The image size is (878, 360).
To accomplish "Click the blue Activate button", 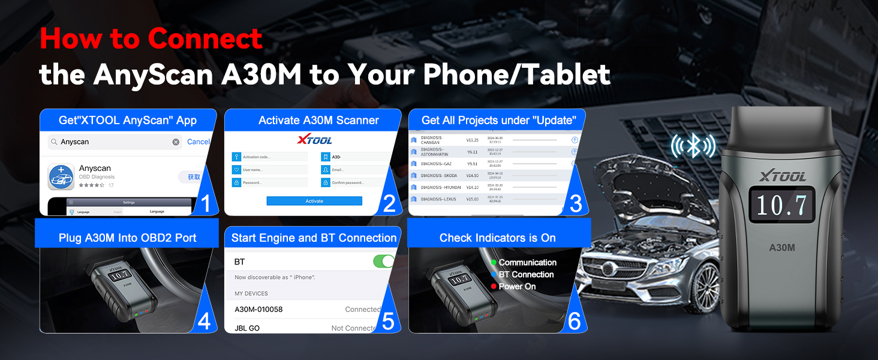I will point(314,201).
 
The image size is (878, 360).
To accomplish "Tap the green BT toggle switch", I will point(384,262).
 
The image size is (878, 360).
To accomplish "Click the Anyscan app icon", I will point(61,177).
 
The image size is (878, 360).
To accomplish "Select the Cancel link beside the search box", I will point(199,142).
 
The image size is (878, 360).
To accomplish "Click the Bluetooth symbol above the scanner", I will point(693,146).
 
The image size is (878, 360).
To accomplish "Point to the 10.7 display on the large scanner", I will point(781,206).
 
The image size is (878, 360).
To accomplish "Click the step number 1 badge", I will point(205,204).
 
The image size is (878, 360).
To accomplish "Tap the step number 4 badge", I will point(204,322).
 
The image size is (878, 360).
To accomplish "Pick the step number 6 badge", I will point(574,322).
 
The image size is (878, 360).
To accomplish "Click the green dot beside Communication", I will point(494,263).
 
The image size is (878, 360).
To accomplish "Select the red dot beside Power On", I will point(494,287).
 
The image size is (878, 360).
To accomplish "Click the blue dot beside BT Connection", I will point(494,275).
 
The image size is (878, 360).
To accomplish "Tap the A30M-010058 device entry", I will point(258,310).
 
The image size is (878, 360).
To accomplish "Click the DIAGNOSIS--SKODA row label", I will point(439,175).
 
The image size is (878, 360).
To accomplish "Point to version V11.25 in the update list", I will point(473,140).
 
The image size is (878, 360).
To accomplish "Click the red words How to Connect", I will point(151,39).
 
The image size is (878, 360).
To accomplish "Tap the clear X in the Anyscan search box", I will point(176,142).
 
